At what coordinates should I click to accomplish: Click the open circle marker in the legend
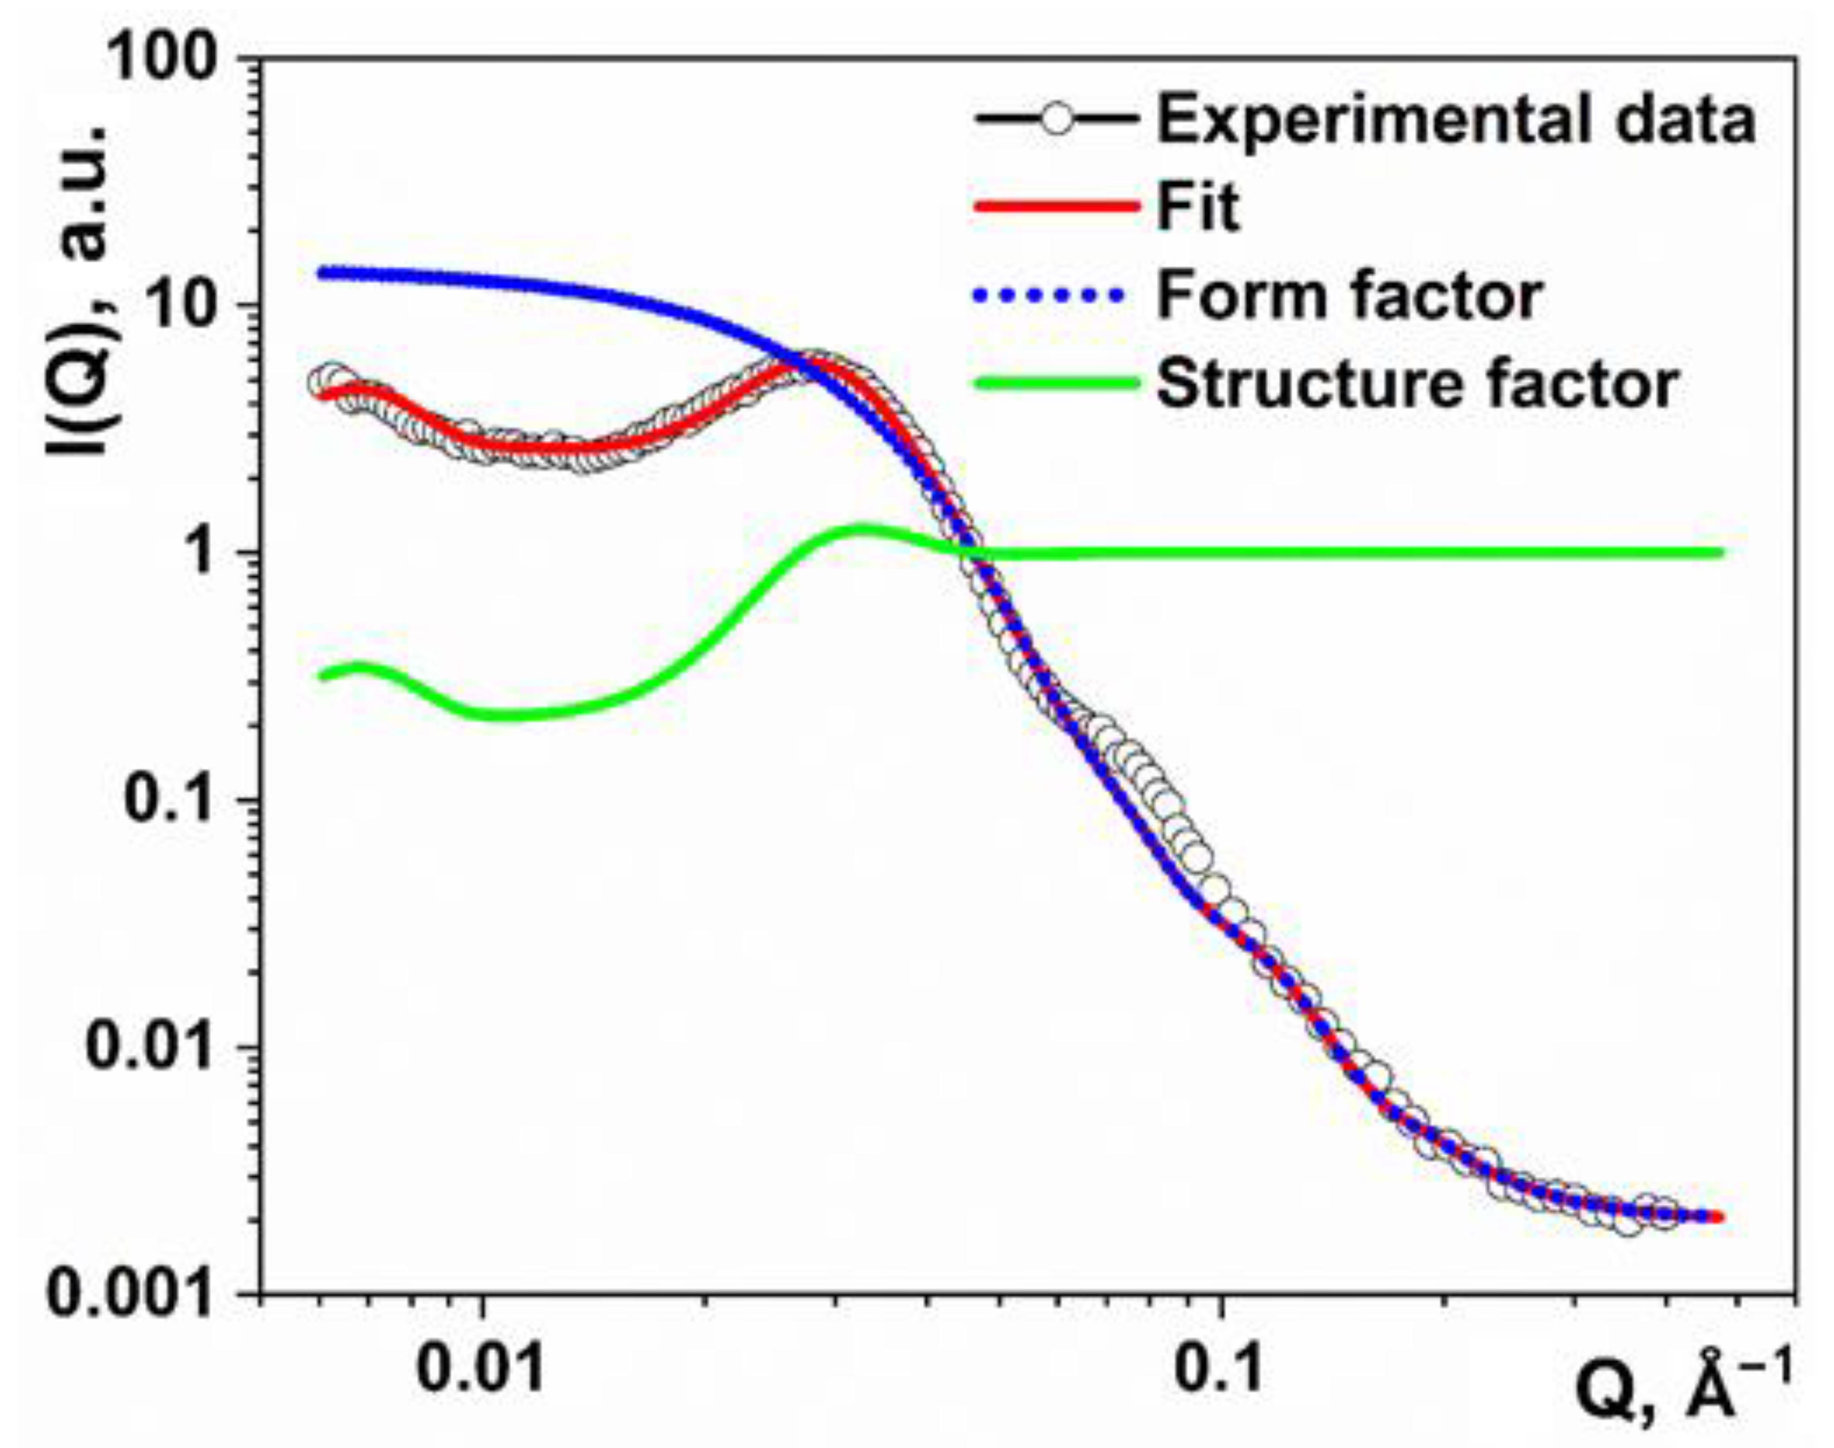pyautogui.click(x=1056, y=119)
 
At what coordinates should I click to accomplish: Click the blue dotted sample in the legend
pyautogui.click(x=1051, y=296)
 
